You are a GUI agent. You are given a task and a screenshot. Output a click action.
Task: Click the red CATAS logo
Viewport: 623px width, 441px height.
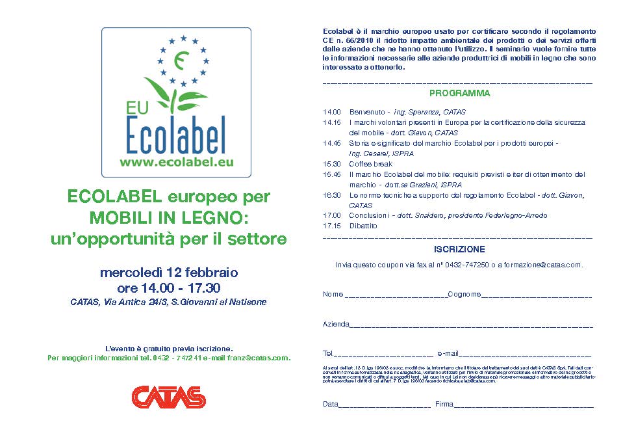tap(168, 396)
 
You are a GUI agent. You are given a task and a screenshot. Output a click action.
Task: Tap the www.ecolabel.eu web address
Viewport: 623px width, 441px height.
tap(175, 163)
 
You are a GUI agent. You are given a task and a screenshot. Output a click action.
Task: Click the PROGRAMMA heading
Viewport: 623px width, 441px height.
tap(459, 94)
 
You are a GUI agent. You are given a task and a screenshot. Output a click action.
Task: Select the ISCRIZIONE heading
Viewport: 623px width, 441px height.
tap(459, 249)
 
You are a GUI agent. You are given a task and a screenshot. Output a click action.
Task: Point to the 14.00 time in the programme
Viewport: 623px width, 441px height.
tap(332, 112)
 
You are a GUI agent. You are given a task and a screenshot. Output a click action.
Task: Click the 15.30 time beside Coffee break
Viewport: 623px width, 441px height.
tap(332, 164)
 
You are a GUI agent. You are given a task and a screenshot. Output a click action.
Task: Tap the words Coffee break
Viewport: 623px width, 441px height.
tap(370, 164)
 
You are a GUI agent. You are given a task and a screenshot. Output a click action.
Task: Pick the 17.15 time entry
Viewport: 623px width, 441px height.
tap(332, 226)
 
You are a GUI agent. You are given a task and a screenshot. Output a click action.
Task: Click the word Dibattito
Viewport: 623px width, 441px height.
tap(363, 226)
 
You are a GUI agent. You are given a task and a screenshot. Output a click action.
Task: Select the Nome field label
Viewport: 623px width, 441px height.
tap(333, 295)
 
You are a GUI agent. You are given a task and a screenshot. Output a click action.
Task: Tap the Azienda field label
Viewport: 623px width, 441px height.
tap(336, 324)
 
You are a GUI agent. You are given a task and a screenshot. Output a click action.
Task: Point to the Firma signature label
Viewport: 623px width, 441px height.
tap(444, 405)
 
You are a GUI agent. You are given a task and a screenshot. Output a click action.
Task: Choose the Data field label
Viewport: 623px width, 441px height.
tap(331, 405)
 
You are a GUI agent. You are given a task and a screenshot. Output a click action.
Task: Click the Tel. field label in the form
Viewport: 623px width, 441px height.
tap(328, 354)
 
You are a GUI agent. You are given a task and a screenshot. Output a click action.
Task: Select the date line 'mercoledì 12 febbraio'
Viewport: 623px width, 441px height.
tap(169, 272)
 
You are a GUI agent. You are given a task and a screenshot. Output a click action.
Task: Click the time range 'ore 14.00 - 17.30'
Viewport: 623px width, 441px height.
tap(169, 287)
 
